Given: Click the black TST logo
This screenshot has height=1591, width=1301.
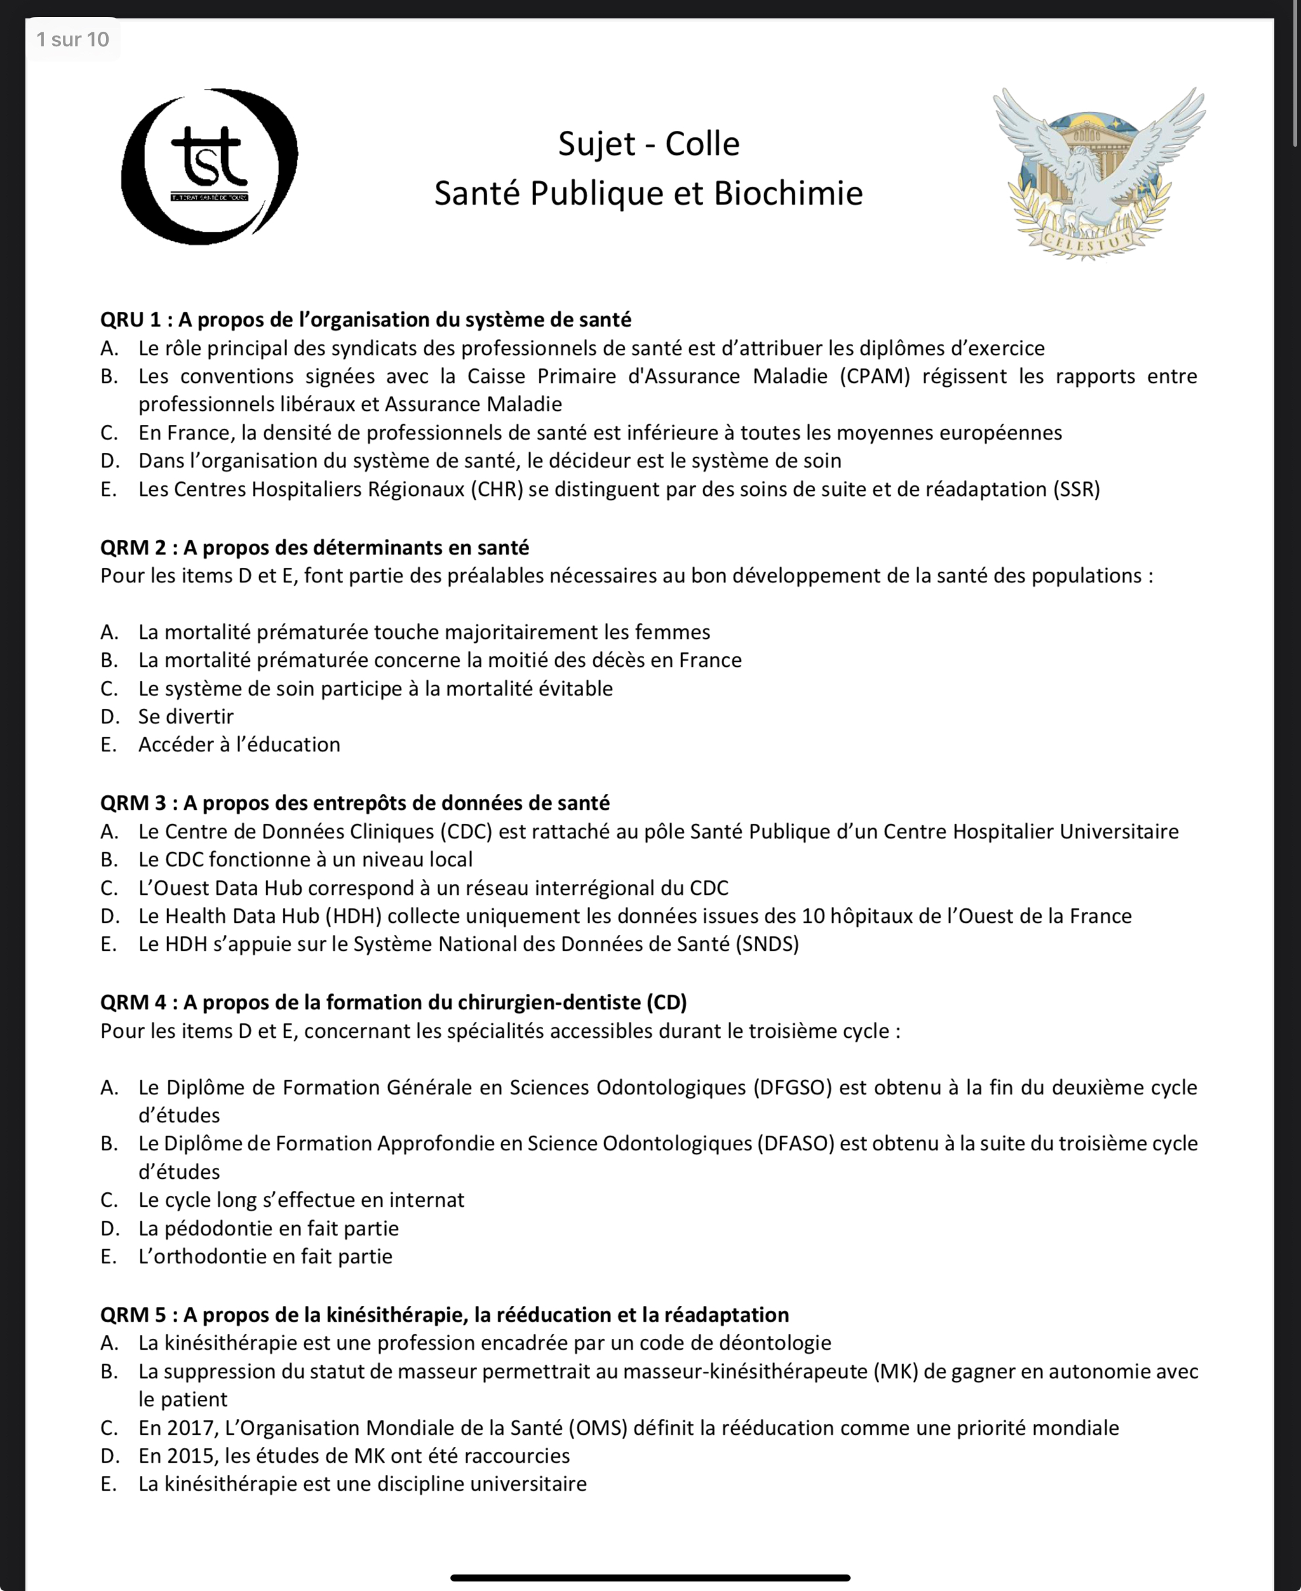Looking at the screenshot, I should [209, 166].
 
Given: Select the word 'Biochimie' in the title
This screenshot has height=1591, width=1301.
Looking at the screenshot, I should [788, 193].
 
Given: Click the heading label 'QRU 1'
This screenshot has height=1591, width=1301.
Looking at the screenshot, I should [130, 320].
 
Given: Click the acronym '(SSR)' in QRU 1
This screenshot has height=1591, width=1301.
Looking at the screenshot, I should [1076, 489].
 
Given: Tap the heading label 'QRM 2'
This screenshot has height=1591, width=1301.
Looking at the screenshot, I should [133, 548].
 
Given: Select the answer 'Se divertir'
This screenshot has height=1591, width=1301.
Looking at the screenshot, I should [186, 716].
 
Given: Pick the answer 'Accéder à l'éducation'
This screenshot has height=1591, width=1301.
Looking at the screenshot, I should [239, 745].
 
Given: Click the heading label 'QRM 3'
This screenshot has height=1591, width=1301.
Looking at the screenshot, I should [133, 803].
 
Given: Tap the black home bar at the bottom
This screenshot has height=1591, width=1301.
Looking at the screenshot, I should [650, 1578].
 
